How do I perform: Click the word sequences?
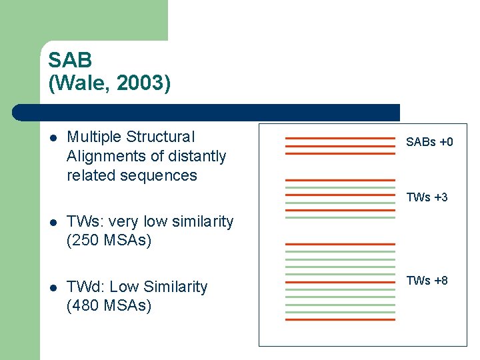click(165, 176)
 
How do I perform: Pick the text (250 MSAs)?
click(109, 240)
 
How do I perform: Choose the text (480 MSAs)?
click(109, 306)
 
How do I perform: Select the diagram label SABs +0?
click(429, 142)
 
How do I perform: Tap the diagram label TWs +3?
click(427, 197)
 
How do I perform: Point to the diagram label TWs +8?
click(427, 281)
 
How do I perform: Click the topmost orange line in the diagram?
click(340, 138)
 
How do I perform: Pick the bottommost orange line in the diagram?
click(340, 320)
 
